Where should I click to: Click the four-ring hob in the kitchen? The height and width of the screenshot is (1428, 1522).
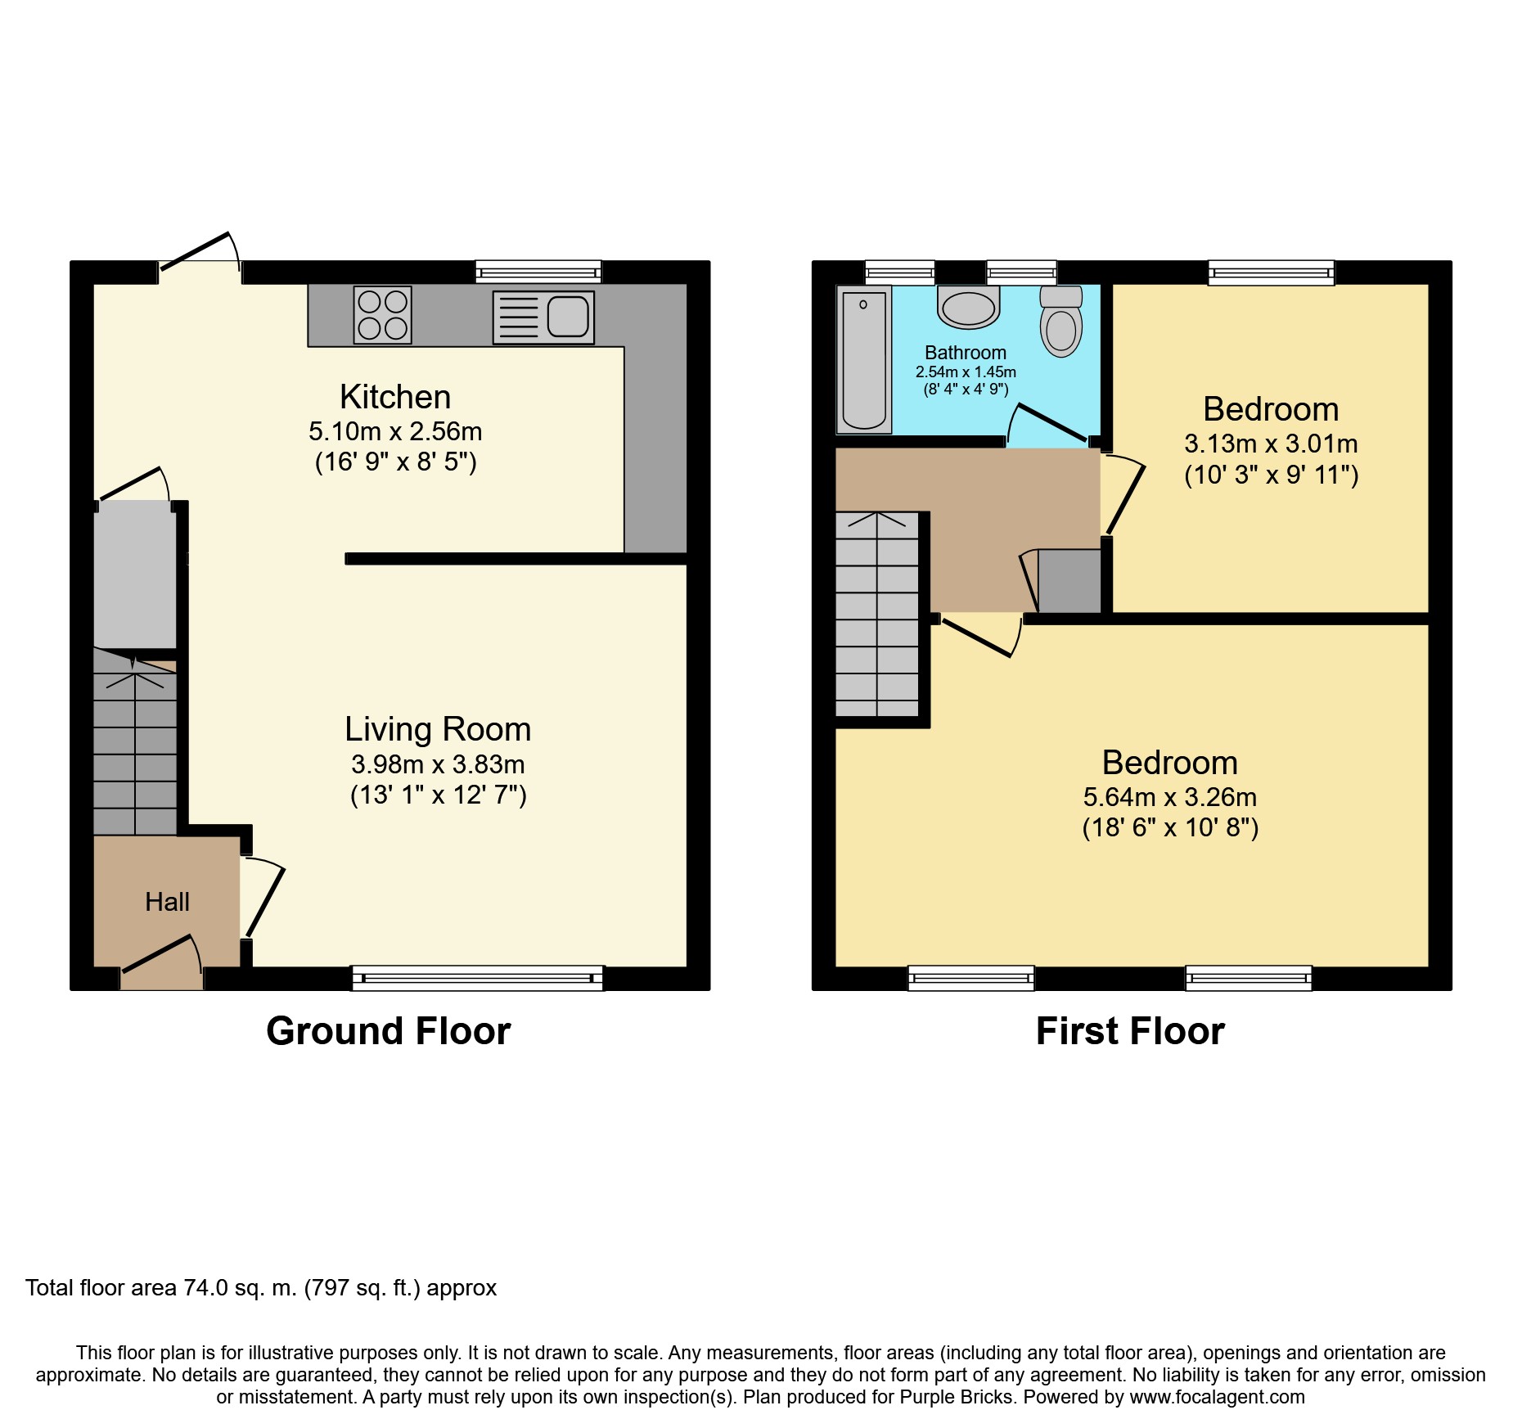coord(382,315)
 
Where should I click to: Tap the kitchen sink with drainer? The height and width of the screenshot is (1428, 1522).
coord(543,318)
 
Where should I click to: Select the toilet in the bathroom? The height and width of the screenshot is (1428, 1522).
coord(1061,321)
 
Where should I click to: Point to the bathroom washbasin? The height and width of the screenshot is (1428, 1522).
coord(969,307)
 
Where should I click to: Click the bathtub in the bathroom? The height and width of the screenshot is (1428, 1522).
coord(864,359)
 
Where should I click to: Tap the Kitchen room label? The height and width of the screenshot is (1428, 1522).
coord(395,397)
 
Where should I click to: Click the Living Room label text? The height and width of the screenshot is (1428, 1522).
coord(438,729)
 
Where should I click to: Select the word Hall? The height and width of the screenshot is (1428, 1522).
coord(167,902)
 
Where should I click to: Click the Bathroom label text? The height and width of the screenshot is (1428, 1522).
coord(966,353)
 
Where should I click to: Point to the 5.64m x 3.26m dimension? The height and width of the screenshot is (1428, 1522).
coord(1170,797)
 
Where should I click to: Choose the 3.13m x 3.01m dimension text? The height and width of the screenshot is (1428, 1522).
coord(1271,444)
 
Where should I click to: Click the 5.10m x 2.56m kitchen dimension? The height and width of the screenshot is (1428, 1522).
coord(395,431)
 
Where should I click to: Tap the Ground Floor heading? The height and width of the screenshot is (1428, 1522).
coord(389,1031)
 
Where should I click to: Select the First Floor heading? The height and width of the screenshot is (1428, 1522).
coord(1130,1031)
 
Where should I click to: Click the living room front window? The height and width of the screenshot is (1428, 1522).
coord(477,978)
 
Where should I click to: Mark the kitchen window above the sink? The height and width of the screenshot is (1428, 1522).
coord(538,272)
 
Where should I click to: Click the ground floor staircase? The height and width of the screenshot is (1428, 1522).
coord(135,741)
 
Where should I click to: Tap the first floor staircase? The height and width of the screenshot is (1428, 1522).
coord(877,615)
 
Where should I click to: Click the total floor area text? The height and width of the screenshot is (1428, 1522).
coord(261,1288)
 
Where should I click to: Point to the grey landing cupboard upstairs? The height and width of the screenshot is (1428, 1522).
coord(1069,581)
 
